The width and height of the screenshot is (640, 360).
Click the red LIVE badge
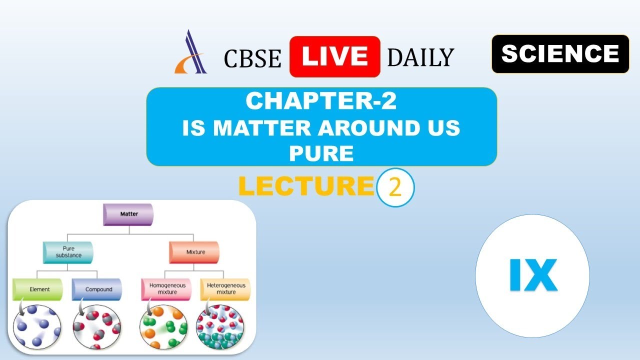pos(334,56)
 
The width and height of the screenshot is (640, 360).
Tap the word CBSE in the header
pos(252,58)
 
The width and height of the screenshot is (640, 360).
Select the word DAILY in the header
pos(420,57)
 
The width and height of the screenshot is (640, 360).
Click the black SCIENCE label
pos(560,53)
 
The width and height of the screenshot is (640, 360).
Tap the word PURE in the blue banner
pos(321,153)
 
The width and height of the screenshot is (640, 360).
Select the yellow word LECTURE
pos(306,186)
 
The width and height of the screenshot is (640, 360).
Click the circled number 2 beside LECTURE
pos(395,187)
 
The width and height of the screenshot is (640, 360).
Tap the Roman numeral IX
pos(533,275)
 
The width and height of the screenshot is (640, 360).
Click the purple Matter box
pos(128,214)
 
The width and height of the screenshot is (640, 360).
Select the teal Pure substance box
pos(68,252)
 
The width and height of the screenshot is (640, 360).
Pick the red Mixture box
pos(194,252)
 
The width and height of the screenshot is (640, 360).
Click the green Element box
pos(37,289)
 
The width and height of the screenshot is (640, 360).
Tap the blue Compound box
pos(97,289)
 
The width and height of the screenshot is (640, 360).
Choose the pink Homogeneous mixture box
pos(166,289)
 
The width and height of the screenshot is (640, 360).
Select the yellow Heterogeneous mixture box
pos(225,289)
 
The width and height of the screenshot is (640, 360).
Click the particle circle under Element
pos(37,327)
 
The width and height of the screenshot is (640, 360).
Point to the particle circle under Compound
pos(97,327)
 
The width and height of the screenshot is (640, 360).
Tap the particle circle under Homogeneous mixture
pos(163,327)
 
